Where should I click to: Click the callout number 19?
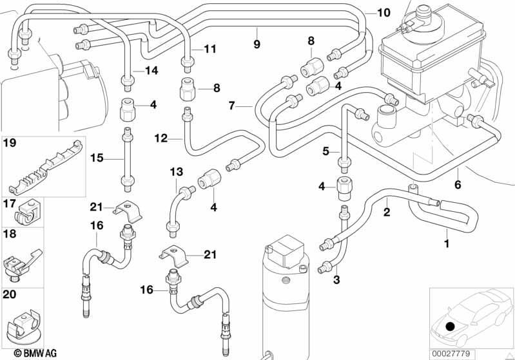point(10,144)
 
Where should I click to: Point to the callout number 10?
point(384,13)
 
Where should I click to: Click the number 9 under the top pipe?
point(257,44)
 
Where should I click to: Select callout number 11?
point(210,49)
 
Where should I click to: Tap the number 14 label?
point(151,70)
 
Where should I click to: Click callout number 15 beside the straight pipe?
point(97,158)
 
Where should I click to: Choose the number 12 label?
point(161,138)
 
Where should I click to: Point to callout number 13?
point(177,172)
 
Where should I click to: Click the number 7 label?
point(232,106)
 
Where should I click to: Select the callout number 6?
point(458,185)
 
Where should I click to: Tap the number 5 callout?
point(326,151)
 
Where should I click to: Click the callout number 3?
point(336,280)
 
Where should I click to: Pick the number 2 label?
point(387,212)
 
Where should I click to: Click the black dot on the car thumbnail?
point(451,327)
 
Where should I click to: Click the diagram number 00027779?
point(451,354)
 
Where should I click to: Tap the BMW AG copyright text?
point(35,353)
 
